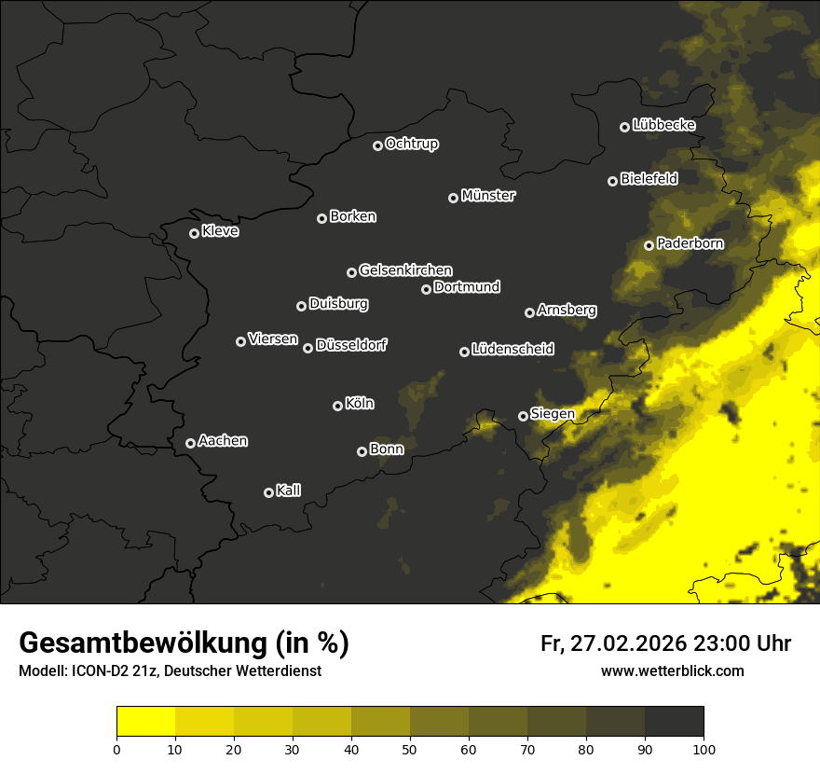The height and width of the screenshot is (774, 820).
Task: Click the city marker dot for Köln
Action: coord(337,406)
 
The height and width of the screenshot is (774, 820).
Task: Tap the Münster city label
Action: coord(488,196)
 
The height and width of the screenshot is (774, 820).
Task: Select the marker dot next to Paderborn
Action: coord(649,245)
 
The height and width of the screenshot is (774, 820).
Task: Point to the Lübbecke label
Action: coord(663,125)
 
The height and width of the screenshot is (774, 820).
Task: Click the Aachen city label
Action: coord(223,441)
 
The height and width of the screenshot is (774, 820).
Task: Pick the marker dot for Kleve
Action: coord(194,233)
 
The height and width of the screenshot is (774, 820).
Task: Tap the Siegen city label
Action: coord(553,414)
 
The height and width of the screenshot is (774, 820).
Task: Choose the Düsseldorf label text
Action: coord(351,345)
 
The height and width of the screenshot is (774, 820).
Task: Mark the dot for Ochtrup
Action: coord(377,145)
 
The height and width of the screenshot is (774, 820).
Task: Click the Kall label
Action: coord(289,491)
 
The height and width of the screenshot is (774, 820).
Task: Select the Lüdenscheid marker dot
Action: coord(464,352)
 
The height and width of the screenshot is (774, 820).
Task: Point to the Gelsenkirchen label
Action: coord(405,270)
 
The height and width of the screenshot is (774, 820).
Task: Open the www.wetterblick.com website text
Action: coord(673,670)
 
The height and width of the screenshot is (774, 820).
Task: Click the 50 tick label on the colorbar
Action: coord(410,749)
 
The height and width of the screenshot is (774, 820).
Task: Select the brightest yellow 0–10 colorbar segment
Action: coord(146,722)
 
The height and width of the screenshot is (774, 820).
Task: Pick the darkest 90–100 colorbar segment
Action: coord(674,722)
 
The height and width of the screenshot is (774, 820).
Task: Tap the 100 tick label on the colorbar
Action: coord(704,749)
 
